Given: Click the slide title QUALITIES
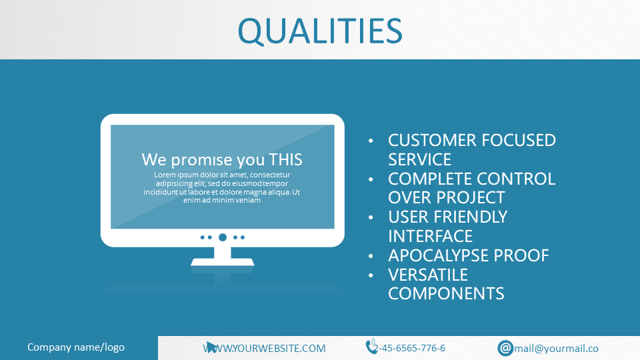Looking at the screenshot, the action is tap(320, 31).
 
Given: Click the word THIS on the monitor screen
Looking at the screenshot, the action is tap(285, 159).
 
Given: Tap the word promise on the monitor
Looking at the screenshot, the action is tap(207, 161).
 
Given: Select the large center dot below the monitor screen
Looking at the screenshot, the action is tap(223, 237).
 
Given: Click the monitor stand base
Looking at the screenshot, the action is tap(223, 261).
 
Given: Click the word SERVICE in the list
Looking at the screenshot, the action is tap(419, 159).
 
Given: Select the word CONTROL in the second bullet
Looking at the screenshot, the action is tap(516, 179).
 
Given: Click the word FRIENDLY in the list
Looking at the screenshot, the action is tap(471, 217).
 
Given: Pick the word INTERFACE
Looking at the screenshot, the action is tap(430, 236).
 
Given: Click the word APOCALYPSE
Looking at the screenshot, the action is tap(439, 255).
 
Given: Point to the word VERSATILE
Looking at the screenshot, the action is tap(428, 275).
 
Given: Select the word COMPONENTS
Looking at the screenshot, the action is tap(446, 294).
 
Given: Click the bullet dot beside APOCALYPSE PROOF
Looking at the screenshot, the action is tap(371, 256).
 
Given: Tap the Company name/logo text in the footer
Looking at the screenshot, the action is tap(76, 347).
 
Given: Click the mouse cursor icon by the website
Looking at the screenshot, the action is tap(211, 347).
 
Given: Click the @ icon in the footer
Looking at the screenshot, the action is tap(505, 348).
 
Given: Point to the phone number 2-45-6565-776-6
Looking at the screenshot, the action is tap(409, 348).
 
